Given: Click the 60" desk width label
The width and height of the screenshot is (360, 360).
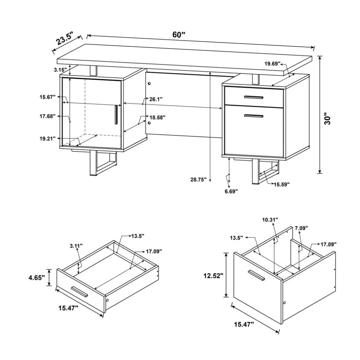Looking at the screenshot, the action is coord(179,35).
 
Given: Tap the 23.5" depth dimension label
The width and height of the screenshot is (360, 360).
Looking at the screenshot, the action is coord(65,39).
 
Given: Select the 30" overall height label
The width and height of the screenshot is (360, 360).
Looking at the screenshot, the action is coord(327,118).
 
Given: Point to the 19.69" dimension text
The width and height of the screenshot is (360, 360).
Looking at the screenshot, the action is coord(273,64).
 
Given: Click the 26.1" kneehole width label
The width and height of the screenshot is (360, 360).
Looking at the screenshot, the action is coord(156,99).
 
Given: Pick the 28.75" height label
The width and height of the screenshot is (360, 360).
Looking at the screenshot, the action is coord(199,180).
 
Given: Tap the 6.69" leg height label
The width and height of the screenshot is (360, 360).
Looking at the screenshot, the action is coord(231,191).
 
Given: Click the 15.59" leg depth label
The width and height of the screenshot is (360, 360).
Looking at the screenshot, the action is coord(282,184).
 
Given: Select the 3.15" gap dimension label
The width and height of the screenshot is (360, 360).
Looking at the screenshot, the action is coord(60,70).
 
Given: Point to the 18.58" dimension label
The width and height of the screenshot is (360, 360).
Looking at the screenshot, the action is coord(158,118).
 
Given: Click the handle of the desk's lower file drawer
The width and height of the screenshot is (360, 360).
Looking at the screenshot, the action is coord(254,116).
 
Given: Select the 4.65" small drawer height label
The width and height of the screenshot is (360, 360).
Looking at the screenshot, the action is coord(36,278).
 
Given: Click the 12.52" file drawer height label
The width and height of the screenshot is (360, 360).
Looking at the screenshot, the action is coord(213,275).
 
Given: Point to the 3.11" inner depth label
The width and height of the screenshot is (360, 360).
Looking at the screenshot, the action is coord(76,246).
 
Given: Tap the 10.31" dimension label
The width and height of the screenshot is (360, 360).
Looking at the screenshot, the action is coord(270,220).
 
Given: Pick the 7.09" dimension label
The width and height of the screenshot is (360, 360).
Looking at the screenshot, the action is coord(301,228).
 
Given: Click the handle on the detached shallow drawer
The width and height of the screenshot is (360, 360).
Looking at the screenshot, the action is coord(79,292).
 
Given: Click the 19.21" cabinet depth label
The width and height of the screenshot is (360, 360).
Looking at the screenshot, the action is coord(48,139).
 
